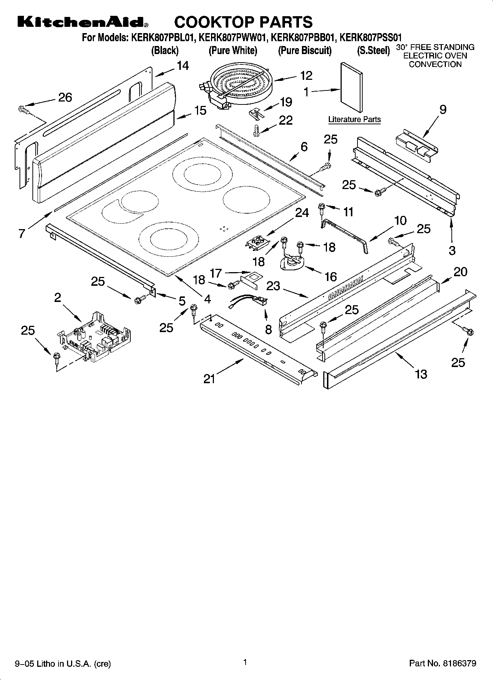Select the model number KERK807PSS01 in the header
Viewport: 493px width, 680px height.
pyautogui.click(x=370, y=38)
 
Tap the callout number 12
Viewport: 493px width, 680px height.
pyautogui.click(x=306, y=75)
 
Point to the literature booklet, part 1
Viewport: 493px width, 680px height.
pyautogui.click(x=351, y=87)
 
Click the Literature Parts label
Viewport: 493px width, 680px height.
pyautogui.click(x=354, y=120)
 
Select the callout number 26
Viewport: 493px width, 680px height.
pyautogui.click(x=65, y=97)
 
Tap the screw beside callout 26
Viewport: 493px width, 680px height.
pyautogui.click(x=23, y=109)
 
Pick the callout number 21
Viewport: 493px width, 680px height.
pyautogui.click(x=209, y=378)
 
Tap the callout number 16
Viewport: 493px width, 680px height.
pyautogui.click(x=331, y=277)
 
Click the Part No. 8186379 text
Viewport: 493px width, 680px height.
pyautogui.click(x=443, y=663)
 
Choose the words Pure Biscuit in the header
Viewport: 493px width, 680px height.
pyautogui.click(x=304, y=51)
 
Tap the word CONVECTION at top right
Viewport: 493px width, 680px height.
pyautogui.click(x=435, y=64)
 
